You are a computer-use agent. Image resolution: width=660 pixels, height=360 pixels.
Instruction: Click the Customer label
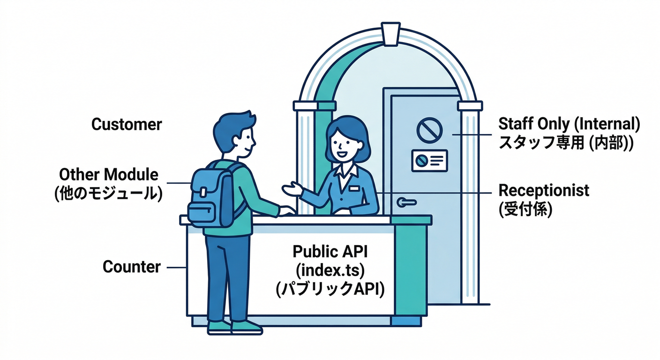[127, 124]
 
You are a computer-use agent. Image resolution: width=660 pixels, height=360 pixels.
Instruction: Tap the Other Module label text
[109, 174]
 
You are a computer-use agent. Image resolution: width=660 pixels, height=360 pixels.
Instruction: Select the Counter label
[131, 267]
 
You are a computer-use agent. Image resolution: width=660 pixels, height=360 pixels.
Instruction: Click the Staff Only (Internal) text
[569, 124]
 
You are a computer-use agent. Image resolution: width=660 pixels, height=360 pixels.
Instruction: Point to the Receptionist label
[544, 191]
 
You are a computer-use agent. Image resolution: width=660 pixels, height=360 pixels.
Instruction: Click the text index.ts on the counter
[330, 270]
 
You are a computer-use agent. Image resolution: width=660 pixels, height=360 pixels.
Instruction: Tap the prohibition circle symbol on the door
[429, 130]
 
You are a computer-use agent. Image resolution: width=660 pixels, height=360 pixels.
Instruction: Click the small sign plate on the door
[429, 161]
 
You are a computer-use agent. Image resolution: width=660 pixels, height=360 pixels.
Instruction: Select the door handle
[406, 202]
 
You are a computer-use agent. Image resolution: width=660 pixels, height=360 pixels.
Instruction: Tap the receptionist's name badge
[354, 188]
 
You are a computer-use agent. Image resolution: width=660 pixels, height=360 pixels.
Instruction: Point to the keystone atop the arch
[390, 34]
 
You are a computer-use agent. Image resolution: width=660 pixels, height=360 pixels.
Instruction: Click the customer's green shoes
[234, 327]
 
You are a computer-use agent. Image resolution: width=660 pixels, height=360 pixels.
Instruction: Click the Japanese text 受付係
[525, 210]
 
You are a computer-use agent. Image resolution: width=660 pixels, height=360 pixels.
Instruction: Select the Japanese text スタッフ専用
[541, 143]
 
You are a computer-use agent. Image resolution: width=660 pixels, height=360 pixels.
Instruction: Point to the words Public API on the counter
[330, 252]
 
